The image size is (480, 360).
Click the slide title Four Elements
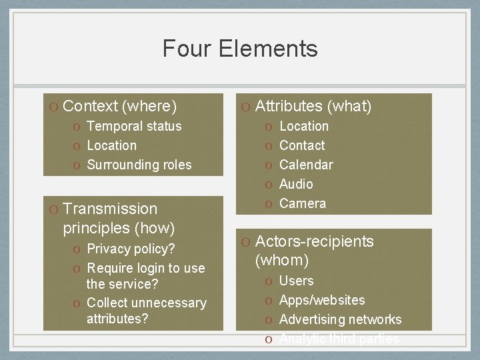click(x=240, y=49)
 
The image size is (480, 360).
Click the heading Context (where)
click(x=119, y=106)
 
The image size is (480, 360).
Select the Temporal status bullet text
click(x=134, y=126)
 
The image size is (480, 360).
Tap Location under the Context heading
click(x=111, y=145)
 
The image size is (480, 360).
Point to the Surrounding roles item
click(x=139, y=165)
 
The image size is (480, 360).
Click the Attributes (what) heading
click(x=313, y=106)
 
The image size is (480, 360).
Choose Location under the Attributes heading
click(x=303, y=126)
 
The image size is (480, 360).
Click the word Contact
click(x=302, y=145)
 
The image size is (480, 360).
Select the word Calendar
click(x=306, y=165)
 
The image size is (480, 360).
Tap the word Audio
click(x=296, y=184)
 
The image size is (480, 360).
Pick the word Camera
click(x=303, y=203)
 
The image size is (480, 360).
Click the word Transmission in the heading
click(x=110, y=209)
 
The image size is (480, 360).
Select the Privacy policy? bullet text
click(x=131, y=249)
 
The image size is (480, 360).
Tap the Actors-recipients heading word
click(x=315, y=241)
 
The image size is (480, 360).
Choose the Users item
click(x=296, y=281)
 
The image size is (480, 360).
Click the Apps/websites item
click(x=322, y=300)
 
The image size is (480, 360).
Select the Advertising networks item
click(x=340, y=319)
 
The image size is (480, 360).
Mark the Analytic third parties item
click(x=339, y=339)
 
